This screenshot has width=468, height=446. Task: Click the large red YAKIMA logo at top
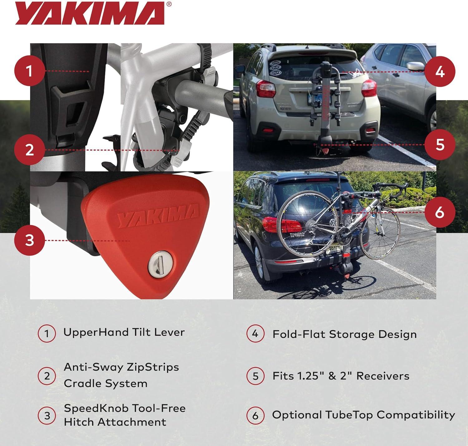point(90,13)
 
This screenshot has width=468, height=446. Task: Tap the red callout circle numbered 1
point(30,71)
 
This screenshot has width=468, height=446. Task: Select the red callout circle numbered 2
point(30,150)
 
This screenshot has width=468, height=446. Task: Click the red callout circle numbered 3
point(30,240)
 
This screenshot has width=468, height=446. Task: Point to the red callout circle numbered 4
point(440,71)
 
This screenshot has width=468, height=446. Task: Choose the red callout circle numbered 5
point(440,144)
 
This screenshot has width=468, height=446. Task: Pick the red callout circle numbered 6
point(440,212)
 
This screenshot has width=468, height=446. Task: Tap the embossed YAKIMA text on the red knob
point(158,215)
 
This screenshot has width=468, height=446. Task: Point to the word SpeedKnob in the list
point(96,409)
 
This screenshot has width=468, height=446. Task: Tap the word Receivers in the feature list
point(383,376)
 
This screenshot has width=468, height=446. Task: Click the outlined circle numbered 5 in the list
point(255,376)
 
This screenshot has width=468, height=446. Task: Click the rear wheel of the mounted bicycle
point(308,224)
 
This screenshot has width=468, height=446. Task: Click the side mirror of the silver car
point(415,66)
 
